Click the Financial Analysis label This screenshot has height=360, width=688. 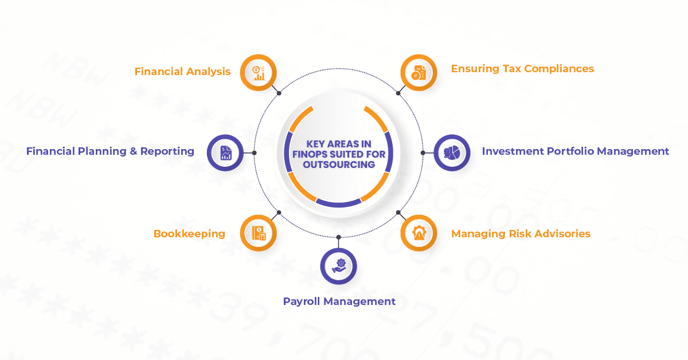pos(182,72)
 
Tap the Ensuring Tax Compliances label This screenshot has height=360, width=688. pos(522,69)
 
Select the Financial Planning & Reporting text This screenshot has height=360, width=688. pos(110,151)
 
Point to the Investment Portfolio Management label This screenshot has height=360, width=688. pos(575,151)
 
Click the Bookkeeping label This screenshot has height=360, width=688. pos(189,234)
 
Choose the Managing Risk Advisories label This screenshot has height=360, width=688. pos(521,234)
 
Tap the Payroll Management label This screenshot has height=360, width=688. pos(339,302)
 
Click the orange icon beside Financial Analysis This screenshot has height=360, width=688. pos(259,73)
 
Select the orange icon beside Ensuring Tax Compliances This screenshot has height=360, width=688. pos(419,73)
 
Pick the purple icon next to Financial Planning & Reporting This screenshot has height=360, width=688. pos(225,152)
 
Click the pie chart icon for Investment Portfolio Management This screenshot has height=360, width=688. pos(452,152)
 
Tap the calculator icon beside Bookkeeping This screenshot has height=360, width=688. pos(259,233)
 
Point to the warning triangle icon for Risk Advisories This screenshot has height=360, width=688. pos(419,233)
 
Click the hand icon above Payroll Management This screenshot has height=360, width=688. pos(339,265)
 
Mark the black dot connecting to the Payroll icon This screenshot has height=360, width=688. pos(339,237)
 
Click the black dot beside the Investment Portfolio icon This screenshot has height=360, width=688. pos(423,153)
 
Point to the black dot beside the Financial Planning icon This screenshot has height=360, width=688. pos(255,153)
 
